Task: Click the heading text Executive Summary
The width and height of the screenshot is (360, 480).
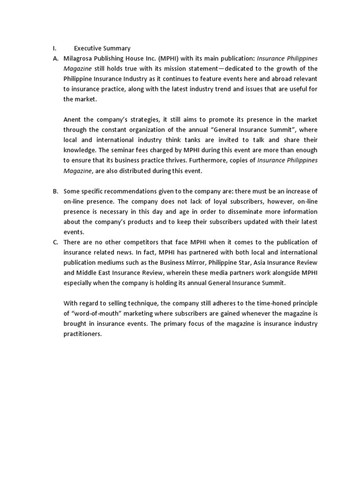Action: pyautogui.click(x=102, y=48)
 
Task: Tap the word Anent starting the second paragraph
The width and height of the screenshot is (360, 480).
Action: pyautogui.click(x=73, y=120)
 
